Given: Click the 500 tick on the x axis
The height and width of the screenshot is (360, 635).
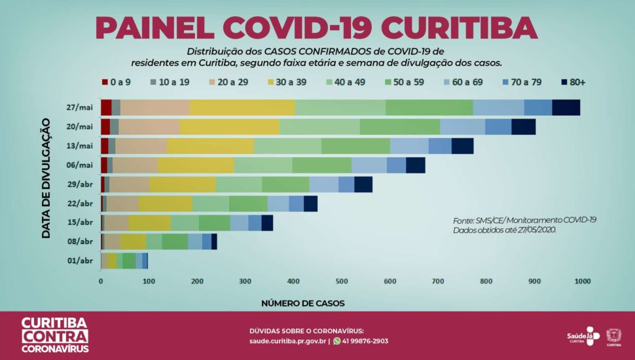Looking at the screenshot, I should click(341, 281).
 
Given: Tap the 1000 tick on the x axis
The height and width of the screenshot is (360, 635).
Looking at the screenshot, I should click(581, 281).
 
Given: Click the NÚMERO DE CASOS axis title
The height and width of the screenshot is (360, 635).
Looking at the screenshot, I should click(302, 304).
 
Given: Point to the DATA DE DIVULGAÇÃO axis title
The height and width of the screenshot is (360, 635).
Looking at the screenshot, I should click(46, 177).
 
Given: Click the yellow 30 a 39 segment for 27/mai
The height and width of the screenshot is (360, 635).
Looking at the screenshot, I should click(242, 107).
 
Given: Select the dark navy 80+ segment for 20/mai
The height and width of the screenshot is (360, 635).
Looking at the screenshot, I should click(523, 127).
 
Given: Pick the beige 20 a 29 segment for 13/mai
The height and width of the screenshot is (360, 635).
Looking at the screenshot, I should click(141, 146).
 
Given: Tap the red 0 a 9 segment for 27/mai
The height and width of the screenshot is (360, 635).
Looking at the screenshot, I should click(106, 107).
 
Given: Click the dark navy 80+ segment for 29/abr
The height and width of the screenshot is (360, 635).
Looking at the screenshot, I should click(363, 185).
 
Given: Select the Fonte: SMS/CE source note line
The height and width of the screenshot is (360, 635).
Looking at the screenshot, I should click(524, 221).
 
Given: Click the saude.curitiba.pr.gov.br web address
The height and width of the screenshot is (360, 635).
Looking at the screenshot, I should click(287, 341).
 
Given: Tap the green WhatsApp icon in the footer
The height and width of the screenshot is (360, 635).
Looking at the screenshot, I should click(337, 341).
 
